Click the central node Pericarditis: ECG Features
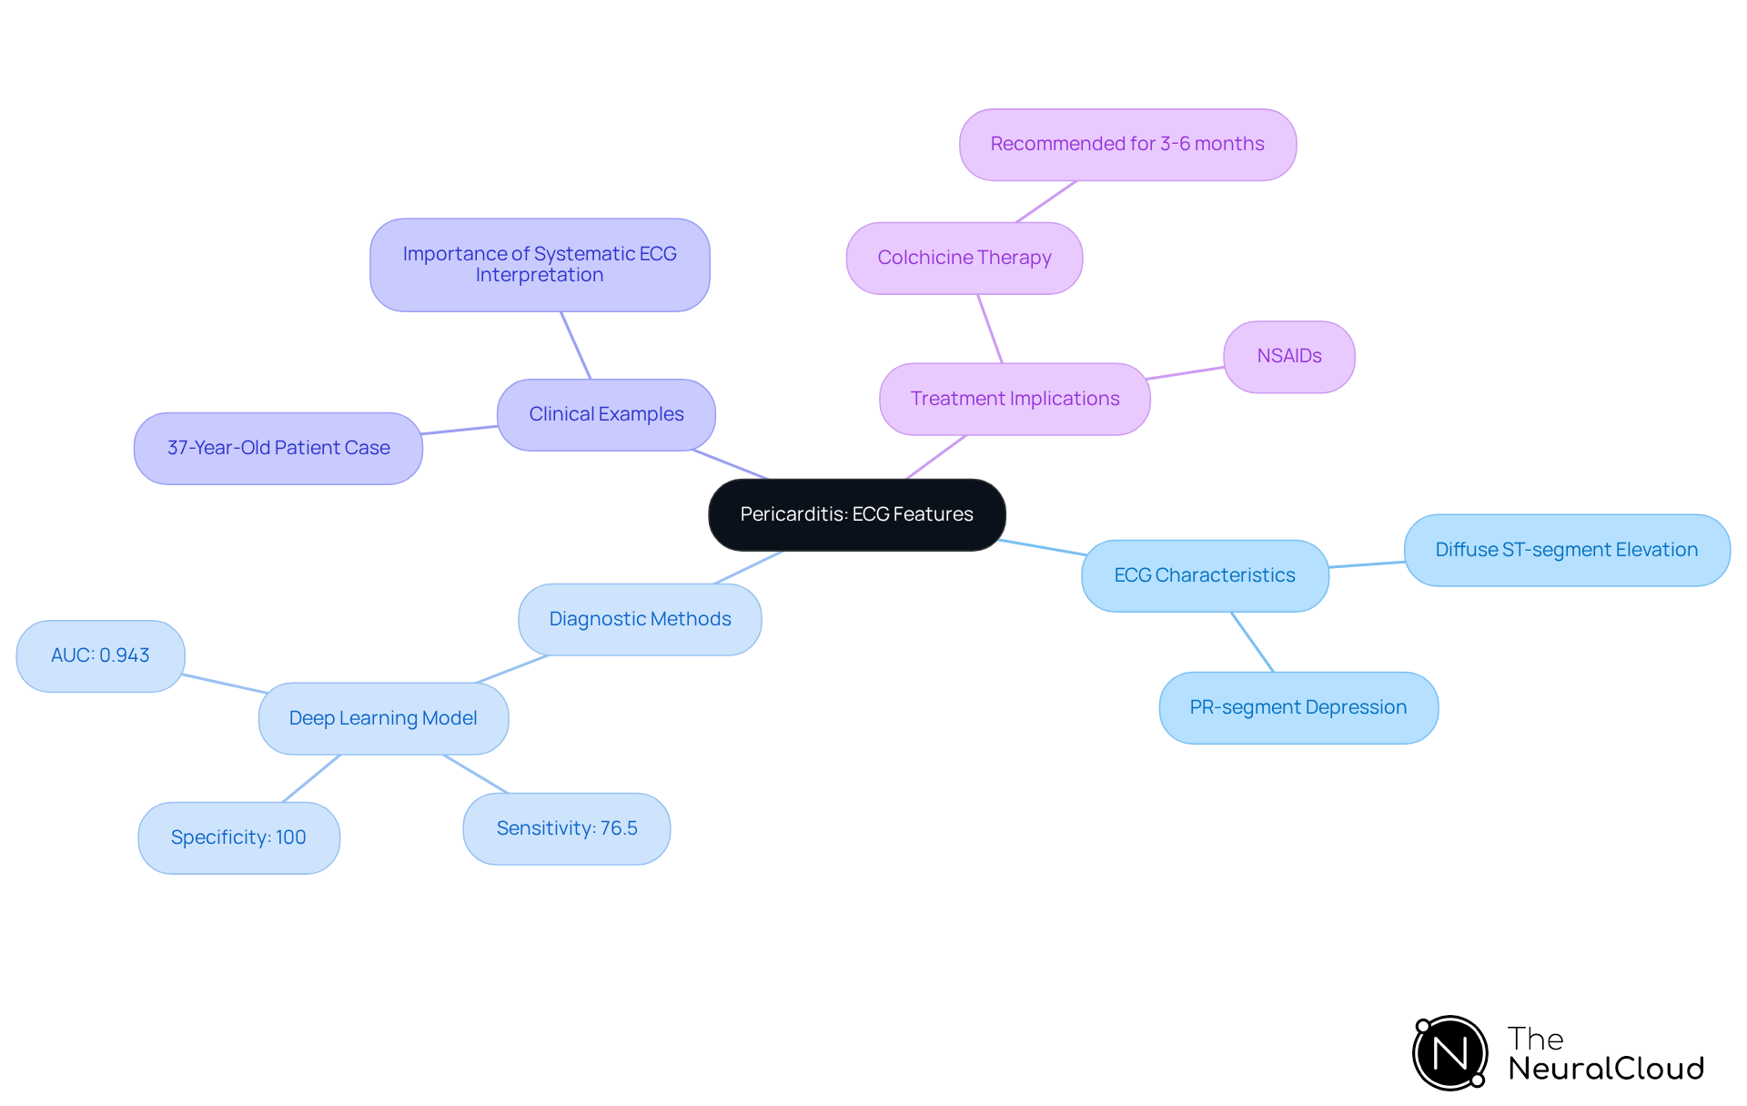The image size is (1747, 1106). tap(856, 514)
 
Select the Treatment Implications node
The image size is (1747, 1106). tap(1015, 399)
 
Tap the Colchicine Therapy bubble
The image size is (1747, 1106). tap(964, 258)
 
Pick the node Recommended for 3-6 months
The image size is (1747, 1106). tap(1127, 144)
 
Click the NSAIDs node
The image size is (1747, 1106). tap(1288, 356)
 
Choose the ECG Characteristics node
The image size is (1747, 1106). tap(1204, 575)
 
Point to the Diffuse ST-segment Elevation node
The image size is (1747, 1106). tap(1566, 550)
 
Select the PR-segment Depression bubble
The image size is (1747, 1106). tap(1298, 707)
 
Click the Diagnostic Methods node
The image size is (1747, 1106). tap(640, 619)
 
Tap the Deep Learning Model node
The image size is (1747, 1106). tap(383, 718)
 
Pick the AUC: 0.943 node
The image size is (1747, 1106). tap(100, 655)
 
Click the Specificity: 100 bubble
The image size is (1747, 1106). tap(238, 837)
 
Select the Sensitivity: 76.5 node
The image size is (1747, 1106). tap(566, 828)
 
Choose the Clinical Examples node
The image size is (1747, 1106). tap(606, 414)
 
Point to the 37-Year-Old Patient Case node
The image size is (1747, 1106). tap(278, 448)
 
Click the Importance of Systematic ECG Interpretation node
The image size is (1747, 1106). tap(540, 264)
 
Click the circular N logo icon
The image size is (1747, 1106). tap(1449, 1053)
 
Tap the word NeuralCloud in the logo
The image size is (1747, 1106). tap(1605, 1069)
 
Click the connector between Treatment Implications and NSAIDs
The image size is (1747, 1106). tap(1186, 373)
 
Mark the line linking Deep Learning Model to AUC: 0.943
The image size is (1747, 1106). tap(224, 684)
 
